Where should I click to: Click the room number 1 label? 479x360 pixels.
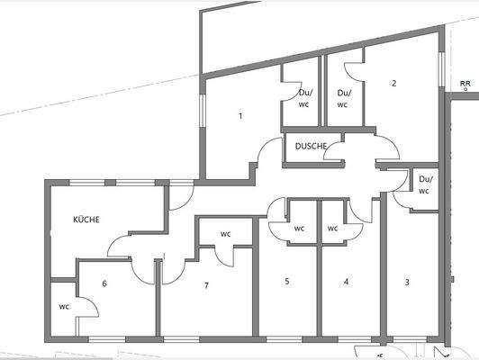tap(240, 116)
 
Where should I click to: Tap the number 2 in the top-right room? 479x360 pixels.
tap(393, 84)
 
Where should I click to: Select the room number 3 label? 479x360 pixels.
tap(407, 282)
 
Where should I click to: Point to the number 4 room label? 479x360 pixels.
tap(346, 282)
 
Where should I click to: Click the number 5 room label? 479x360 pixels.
tap(287, 282)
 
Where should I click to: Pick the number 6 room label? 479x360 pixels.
tap(104, 283)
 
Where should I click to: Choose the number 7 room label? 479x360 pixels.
tap(206, 285)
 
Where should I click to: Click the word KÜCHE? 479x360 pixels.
tap(86, 220)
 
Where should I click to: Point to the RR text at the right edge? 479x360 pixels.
tap(465, 83)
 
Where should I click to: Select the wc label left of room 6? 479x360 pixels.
tap(64, 306)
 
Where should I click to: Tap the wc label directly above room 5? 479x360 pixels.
tap(298, 229)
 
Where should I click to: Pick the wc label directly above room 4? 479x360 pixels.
tap(332, 229)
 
